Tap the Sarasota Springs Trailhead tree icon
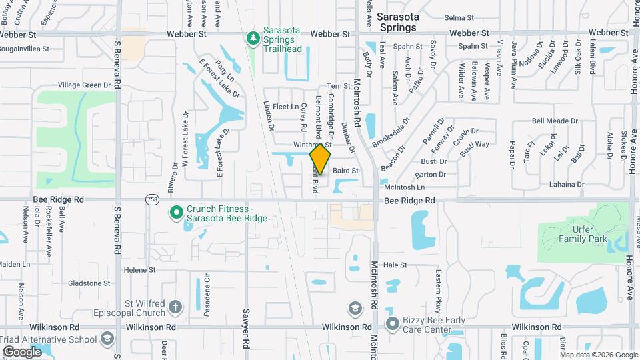pyautogui.click(x=253, y=39)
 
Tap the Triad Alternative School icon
pyautogui.click(x=107, y=339)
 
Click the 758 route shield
pyautogui.click(x=151, y=199)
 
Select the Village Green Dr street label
pyautogui.click(x=84, y=85)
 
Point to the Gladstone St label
pyautogui.click(x=89, y=283)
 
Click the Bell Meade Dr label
pyautogui.click(x=555, y=121)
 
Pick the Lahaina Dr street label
pyautogui.click(x=567, y=185)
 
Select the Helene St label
pyautogui.click(x=139, y=270)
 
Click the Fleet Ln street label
pyautogui.click(x=285, y=107)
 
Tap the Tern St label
pyautogui.click(x=339, y=86)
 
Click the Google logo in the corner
pyautogui.click(x=22, y=351)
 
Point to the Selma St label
pyautogui.click(x=459, y=18)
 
